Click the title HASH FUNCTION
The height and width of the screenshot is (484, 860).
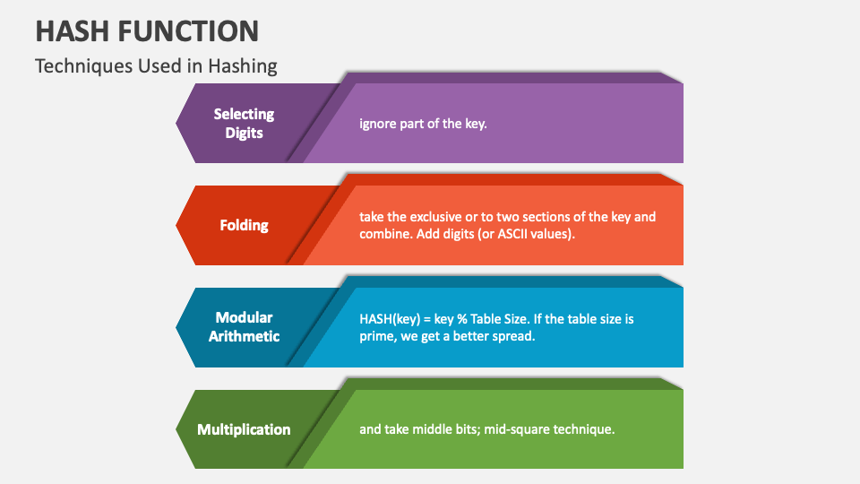[147, 30]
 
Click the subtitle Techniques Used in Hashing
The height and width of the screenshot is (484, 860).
[156, 66]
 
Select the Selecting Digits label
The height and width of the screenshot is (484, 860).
[244, 123]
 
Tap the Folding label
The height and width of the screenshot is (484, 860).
[244, 225]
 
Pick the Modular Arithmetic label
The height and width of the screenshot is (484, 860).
[244, 327]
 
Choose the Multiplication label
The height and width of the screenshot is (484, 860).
[244, 429]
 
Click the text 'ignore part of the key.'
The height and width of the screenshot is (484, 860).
[423, 124]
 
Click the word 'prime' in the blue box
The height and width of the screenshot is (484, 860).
[377, 336]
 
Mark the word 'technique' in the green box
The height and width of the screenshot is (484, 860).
[585, 429]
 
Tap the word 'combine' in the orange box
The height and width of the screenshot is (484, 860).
[383, 234]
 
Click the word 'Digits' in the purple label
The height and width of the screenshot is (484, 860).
[244, 133]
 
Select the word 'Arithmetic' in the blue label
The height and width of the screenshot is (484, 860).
[244, 337]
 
